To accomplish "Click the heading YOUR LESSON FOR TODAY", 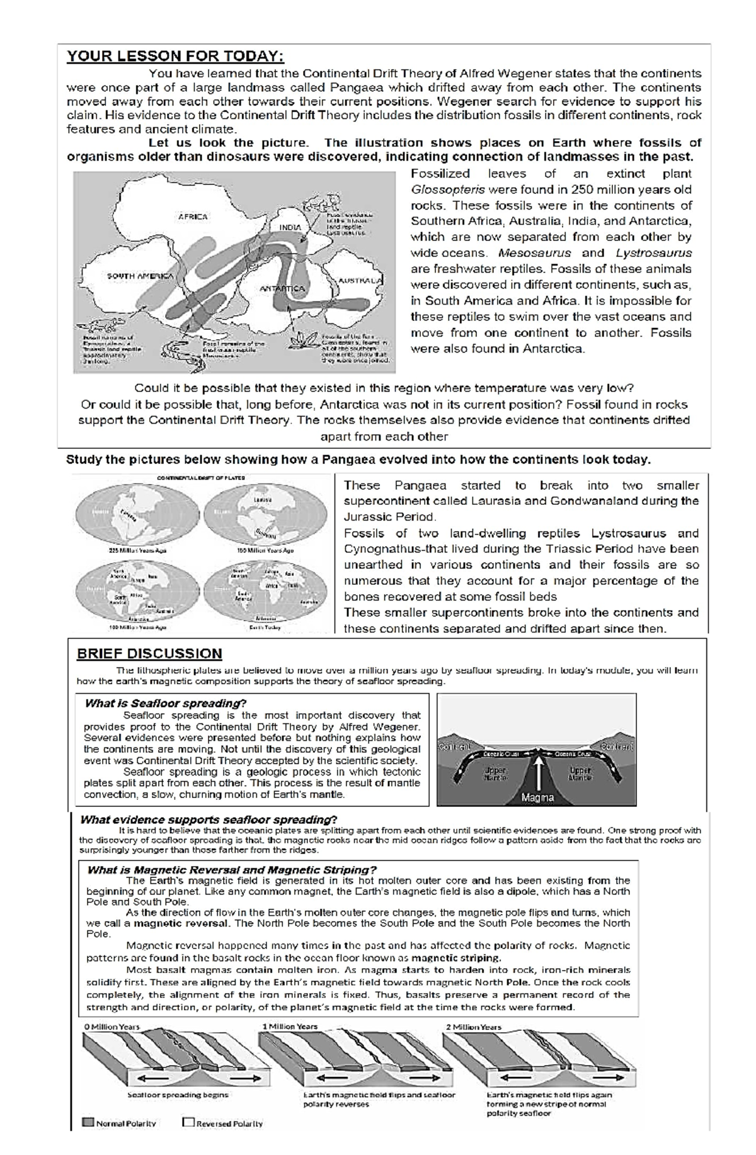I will (x=175, y=57).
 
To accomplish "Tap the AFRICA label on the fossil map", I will (x=193, y=217).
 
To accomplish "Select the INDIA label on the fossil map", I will (x=290, y=227).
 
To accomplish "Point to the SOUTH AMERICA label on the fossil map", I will (x=140, y=276).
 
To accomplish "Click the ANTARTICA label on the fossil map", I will (x=282, y=288).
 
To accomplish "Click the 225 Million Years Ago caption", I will (x=139, y=550).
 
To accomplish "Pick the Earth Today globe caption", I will (x=265, y=628).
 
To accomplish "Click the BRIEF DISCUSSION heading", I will (x=149, y=653).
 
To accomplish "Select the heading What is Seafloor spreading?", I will (x=165, y=703).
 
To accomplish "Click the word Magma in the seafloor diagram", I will (x=537, y=797).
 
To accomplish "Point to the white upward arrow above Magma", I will (x=539, y=772).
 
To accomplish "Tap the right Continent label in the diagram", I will (x=616, y=747).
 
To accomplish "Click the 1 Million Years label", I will (x=290, y=1027).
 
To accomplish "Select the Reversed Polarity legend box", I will (x=188, y=1122).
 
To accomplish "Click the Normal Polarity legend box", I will (x=88, y=1122).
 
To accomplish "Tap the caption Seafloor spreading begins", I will (x=178, y=1095).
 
